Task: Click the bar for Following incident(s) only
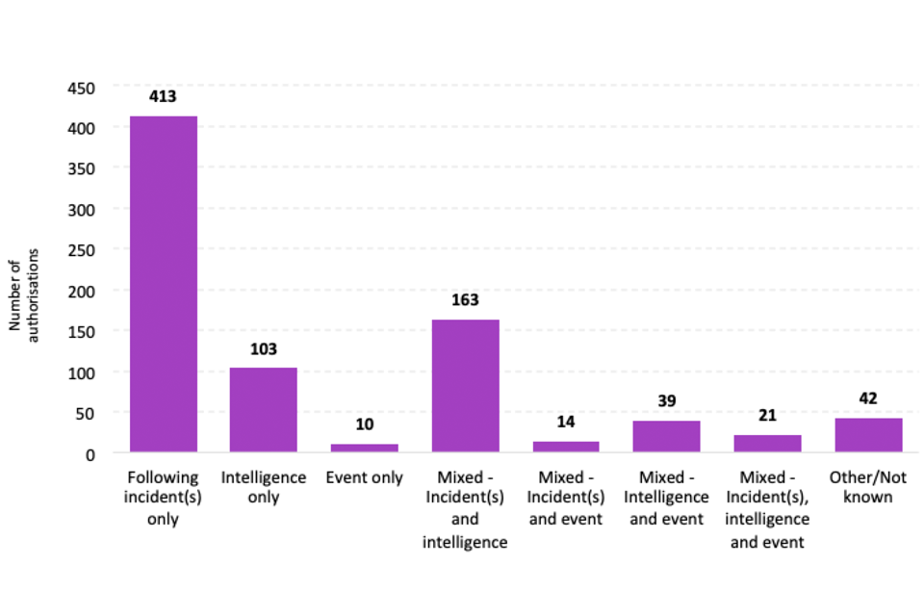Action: click(164, 284)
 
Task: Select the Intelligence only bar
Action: click(263, 410)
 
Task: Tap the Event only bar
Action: click(364, 448)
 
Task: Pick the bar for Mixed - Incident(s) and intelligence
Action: click(465, 385)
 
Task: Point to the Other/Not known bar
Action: click(868, 435)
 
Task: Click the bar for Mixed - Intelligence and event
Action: click(666, 436)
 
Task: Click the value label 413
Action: click(163, 96)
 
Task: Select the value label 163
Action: click(465, 299)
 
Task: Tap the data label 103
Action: click(263, 348)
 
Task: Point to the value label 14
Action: click(566, 422)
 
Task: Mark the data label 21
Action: click(767, 415)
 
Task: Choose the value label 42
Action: click(868, 398)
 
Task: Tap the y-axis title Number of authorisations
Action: click(22, 290)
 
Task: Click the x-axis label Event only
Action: click(364, 477)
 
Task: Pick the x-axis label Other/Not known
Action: click(868, 487)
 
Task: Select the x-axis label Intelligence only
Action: click(263, 487)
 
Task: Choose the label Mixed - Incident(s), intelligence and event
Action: click(767, 509)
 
